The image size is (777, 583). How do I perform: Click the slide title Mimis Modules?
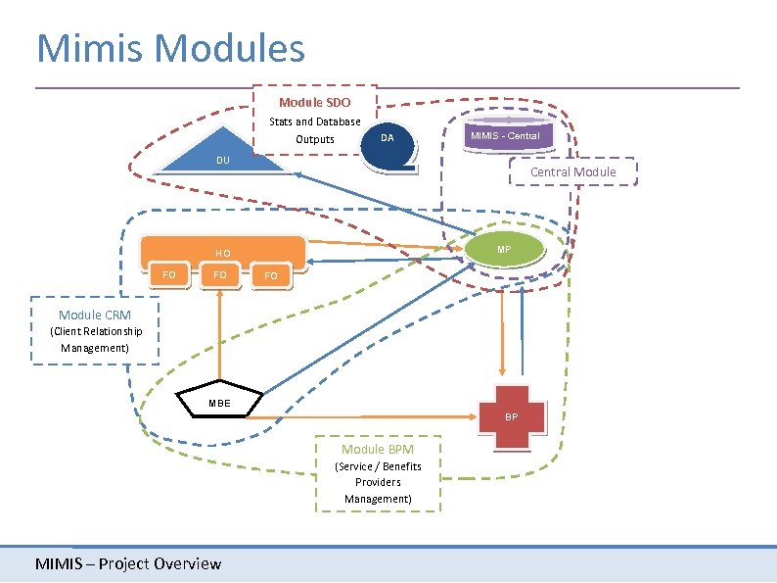pyautogui.click(x=170, y=48)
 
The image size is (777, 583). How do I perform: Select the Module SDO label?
pyautogui.click(x=314, y=103)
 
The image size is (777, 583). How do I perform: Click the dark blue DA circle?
pyautogui.click(x=388, y=138)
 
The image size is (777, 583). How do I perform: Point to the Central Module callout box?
pyautogui.click(x=572, y=172)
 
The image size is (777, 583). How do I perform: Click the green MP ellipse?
pyautogui.click(x=503, y=250)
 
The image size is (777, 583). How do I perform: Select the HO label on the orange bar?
pyautogui.click(x=223, y=253)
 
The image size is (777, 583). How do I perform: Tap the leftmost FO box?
pyautogui.click(x=169, y=275)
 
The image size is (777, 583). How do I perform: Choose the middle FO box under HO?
pyautogui.click(x=220, y=275)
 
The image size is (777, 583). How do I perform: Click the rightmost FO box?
pyautogui.click(x=271, y=277)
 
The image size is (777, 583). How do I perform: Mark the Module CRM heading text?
pyautogui.click(x=94, y=315)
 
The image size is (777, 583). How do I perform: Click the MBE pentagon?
pyautogui.click(x=219, y=402)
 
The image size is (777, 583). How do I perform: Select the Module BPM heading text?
pyautogui.click(x=377, y=449)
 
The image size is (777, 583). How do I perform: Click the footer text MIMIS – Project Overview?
pyautogui.click(x=128, y=563)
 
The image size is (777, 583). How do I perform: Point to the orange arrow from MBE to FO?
pyautogui.click(x=220, y=333)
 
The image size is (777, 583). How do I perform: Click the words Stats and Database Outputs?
pyautogui.click(x=315, y=130)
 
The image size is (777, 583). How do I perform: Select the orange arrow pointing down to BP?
pyautogui.click(x=503, y=333)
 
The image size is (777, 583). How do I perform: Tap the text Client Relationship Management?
pyautogui.click(x=95, y=339)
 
